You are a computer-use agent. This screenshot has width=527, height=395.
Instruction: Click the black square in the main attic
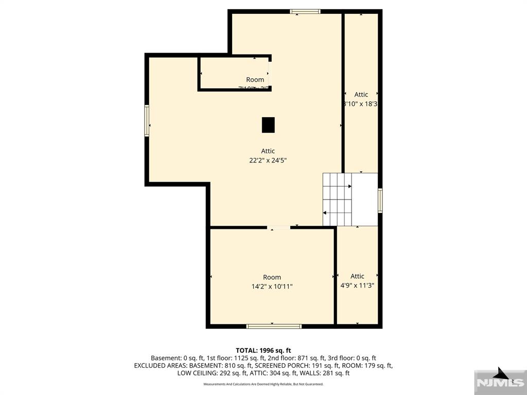pos(268,125)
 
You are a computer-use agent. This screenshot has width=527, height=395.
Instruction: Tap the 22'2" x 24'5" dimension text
pos(268,160)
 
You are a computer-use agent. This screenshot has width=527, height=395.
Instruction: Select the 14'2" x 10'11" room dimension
pos(272,286)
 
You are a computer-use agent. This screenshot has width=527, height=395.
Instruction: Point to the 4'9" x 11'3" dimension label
pos(357,285)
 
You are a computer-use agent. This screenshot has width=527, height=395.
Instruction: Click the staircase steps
pos(337,200)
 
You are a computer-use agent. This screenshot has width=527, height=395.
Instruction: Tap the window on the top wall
pos(305,11)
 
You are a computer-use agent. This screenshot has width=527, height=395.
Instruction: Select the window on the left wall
pos(147,121)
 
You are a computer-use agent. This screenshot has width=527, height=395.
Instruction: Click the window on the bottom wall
pos(274,326)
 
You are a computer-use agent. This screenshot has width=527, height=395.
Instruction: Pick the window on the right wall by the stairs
pos(380,201)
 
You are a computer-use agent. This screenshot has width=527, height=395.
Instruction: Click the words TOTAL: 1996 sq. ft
pos(263,350)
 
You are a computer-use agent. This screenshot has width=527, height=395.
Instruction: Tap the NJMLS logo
pos(500,382)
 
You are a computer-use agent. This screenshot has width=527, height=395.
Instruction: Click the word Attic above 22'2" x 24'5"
pos(268,151)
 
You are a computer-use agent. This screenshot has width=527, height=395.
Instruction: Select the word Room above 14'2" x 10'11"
pos(272,277)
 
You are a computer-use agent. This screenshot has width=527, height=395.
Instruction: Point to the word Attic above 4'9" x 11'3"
pos(357,276)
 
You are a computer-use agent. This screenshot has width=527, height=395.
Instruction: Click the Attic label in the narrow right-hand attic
pos(361,95)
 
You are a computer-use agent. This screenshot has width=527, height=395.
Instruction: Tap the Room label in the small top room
pos(255,80)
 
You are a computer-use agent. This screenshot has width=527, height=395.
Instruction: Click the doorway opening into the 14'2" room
pos(278,227)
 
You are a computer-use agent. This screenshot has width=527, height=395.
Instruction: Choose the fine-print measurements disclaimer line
pos(263,384)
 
